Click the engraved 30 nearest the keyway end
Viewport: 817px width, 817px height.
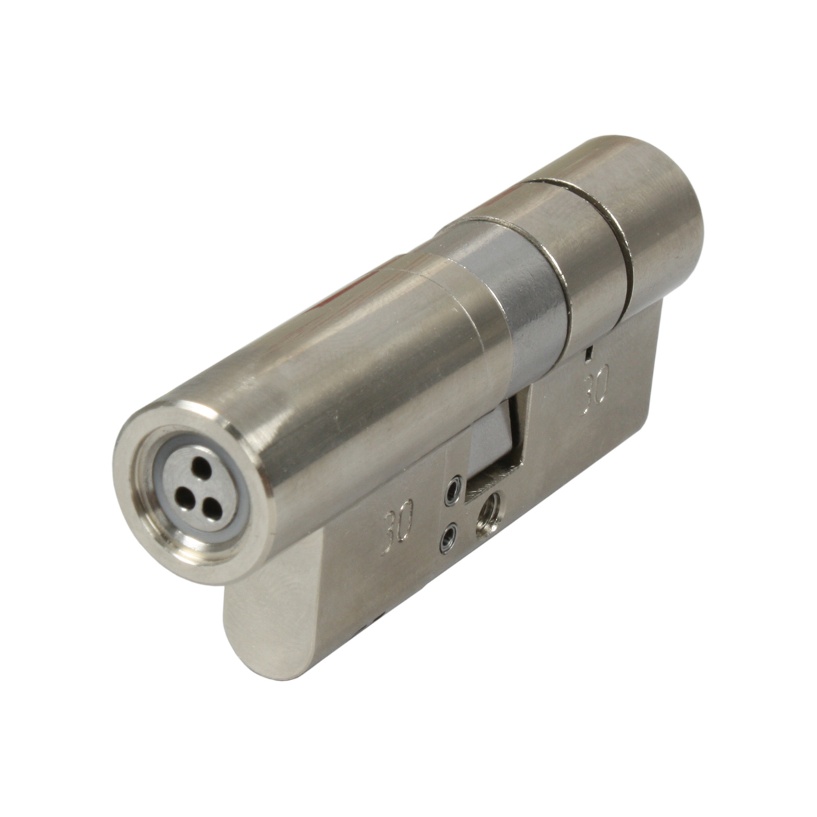(398, 526)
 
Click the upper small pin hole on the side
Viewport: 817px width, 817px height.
(453, 490)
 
